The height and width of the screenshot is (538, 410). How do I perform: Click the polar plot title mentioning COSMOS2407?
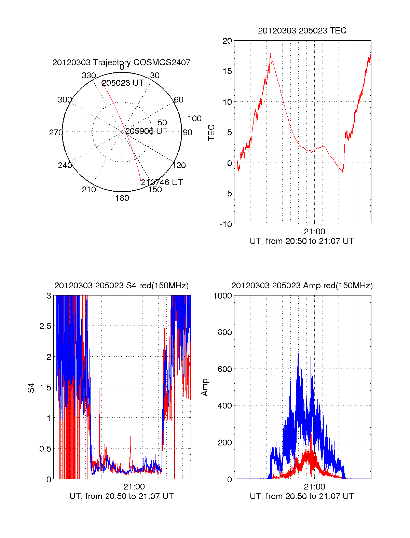121,63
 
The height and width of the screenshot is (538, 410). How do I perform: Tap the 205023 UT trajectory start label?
123,83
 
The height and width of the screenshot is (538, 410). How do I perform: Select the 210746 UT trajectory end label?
162,182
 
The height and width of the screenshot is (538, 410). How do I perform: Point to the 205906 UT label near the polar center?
146,131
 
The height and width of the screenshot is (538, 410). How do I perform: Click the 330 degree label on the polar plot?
89,75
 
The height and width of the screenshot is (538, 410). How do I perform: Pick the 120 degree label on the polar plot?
179,166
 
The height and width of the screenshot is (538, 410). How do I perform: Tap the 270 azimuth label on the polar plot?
56,133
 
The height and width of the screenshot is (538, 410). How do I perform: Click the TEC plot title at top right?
302,31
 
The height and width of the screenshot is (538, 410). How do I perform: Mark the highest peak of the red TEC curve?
270,54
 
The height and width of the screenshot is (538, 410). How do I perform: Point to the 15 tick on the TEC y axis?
227,71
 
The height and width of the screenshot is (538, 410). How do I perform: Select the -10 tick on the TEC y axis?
226,224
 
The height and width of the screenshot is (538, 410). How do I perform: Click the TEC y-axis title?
211,133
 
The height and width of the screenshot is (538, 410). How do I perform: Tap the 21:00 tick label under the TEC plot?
314,232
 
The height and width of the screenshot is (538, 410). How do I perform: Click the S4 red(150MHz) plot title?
121,286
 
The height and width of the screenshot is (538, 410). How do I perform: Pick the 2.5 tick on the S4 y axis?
45,326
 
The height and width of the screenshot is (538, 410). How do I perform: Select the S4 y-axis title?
31,388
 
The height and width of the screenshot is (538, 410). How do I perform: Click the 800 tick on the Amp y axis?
224,332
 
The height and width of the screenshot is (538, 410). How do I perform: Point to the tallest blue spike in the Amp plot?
298,354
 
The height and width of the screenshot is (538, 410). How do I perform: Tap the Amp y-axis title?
205,388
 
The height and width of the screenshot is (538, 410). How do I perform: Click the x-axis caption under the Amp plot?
302,496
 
